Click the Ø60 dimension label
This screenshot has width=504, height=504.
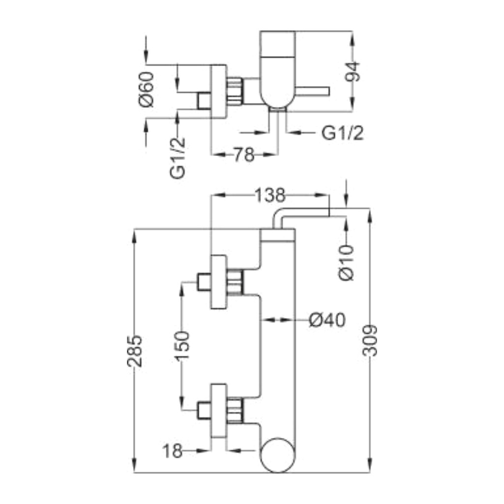pyautogui.click(x=147, y=90)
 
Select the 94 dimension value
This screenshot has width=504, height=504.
pyautogui.click(x=352, y=71)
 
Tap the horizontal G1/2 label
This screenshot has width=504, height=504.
pyautogui.click(x=343, y=133)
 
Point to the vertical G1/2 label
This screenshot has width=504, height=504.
pyautogui.click(x=178, y=158)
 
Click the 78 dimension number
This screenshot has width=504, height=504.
pyautogui.click(x=244, y=155)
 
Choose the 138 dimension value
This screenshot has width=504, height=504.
pyautogui.click(x=270, y=195)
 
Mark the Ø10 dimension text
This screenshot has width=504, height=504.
pyautogui.click(x=346, y=263)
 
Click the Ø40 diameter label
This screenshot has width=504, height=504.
pyautogui.click(x=327, y=320)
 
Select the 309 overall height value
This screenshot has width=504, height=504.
pyautogui.click(x=370, y=341)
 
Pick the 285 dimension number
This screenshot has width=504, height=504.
pyautogui.click(x=134, y=351)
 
